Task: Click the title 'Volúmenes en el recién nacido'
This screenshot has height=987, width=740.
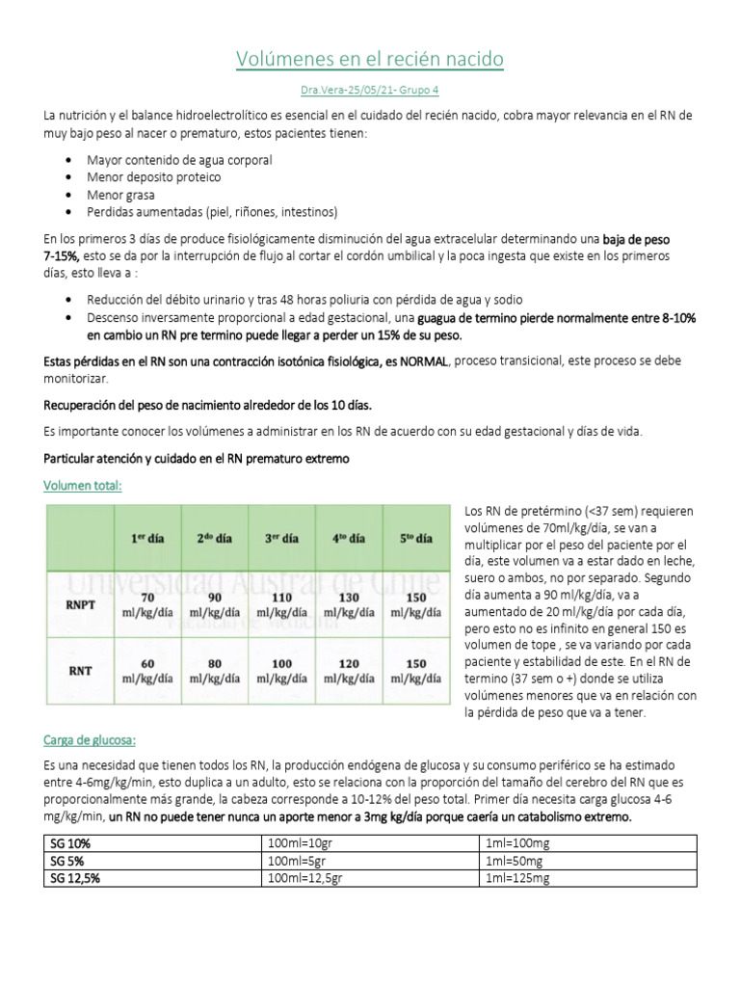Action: click(370, 60)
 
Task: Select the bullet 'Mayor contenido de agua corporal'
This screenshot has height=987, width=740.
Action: click(179, 160)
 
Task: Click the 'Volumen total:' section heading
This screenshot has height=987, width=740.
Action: click(83, 486)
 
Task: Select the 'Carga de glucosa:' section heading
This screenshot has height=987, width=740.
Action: click(90, 740)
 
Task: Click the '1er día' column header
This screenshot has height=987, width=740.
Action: click(147, 538)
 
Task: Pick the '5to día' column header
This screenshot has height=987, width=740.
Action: click(416, 538)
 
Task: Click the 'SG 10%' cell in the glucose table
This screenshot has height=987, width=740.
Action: click(67, 843)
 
